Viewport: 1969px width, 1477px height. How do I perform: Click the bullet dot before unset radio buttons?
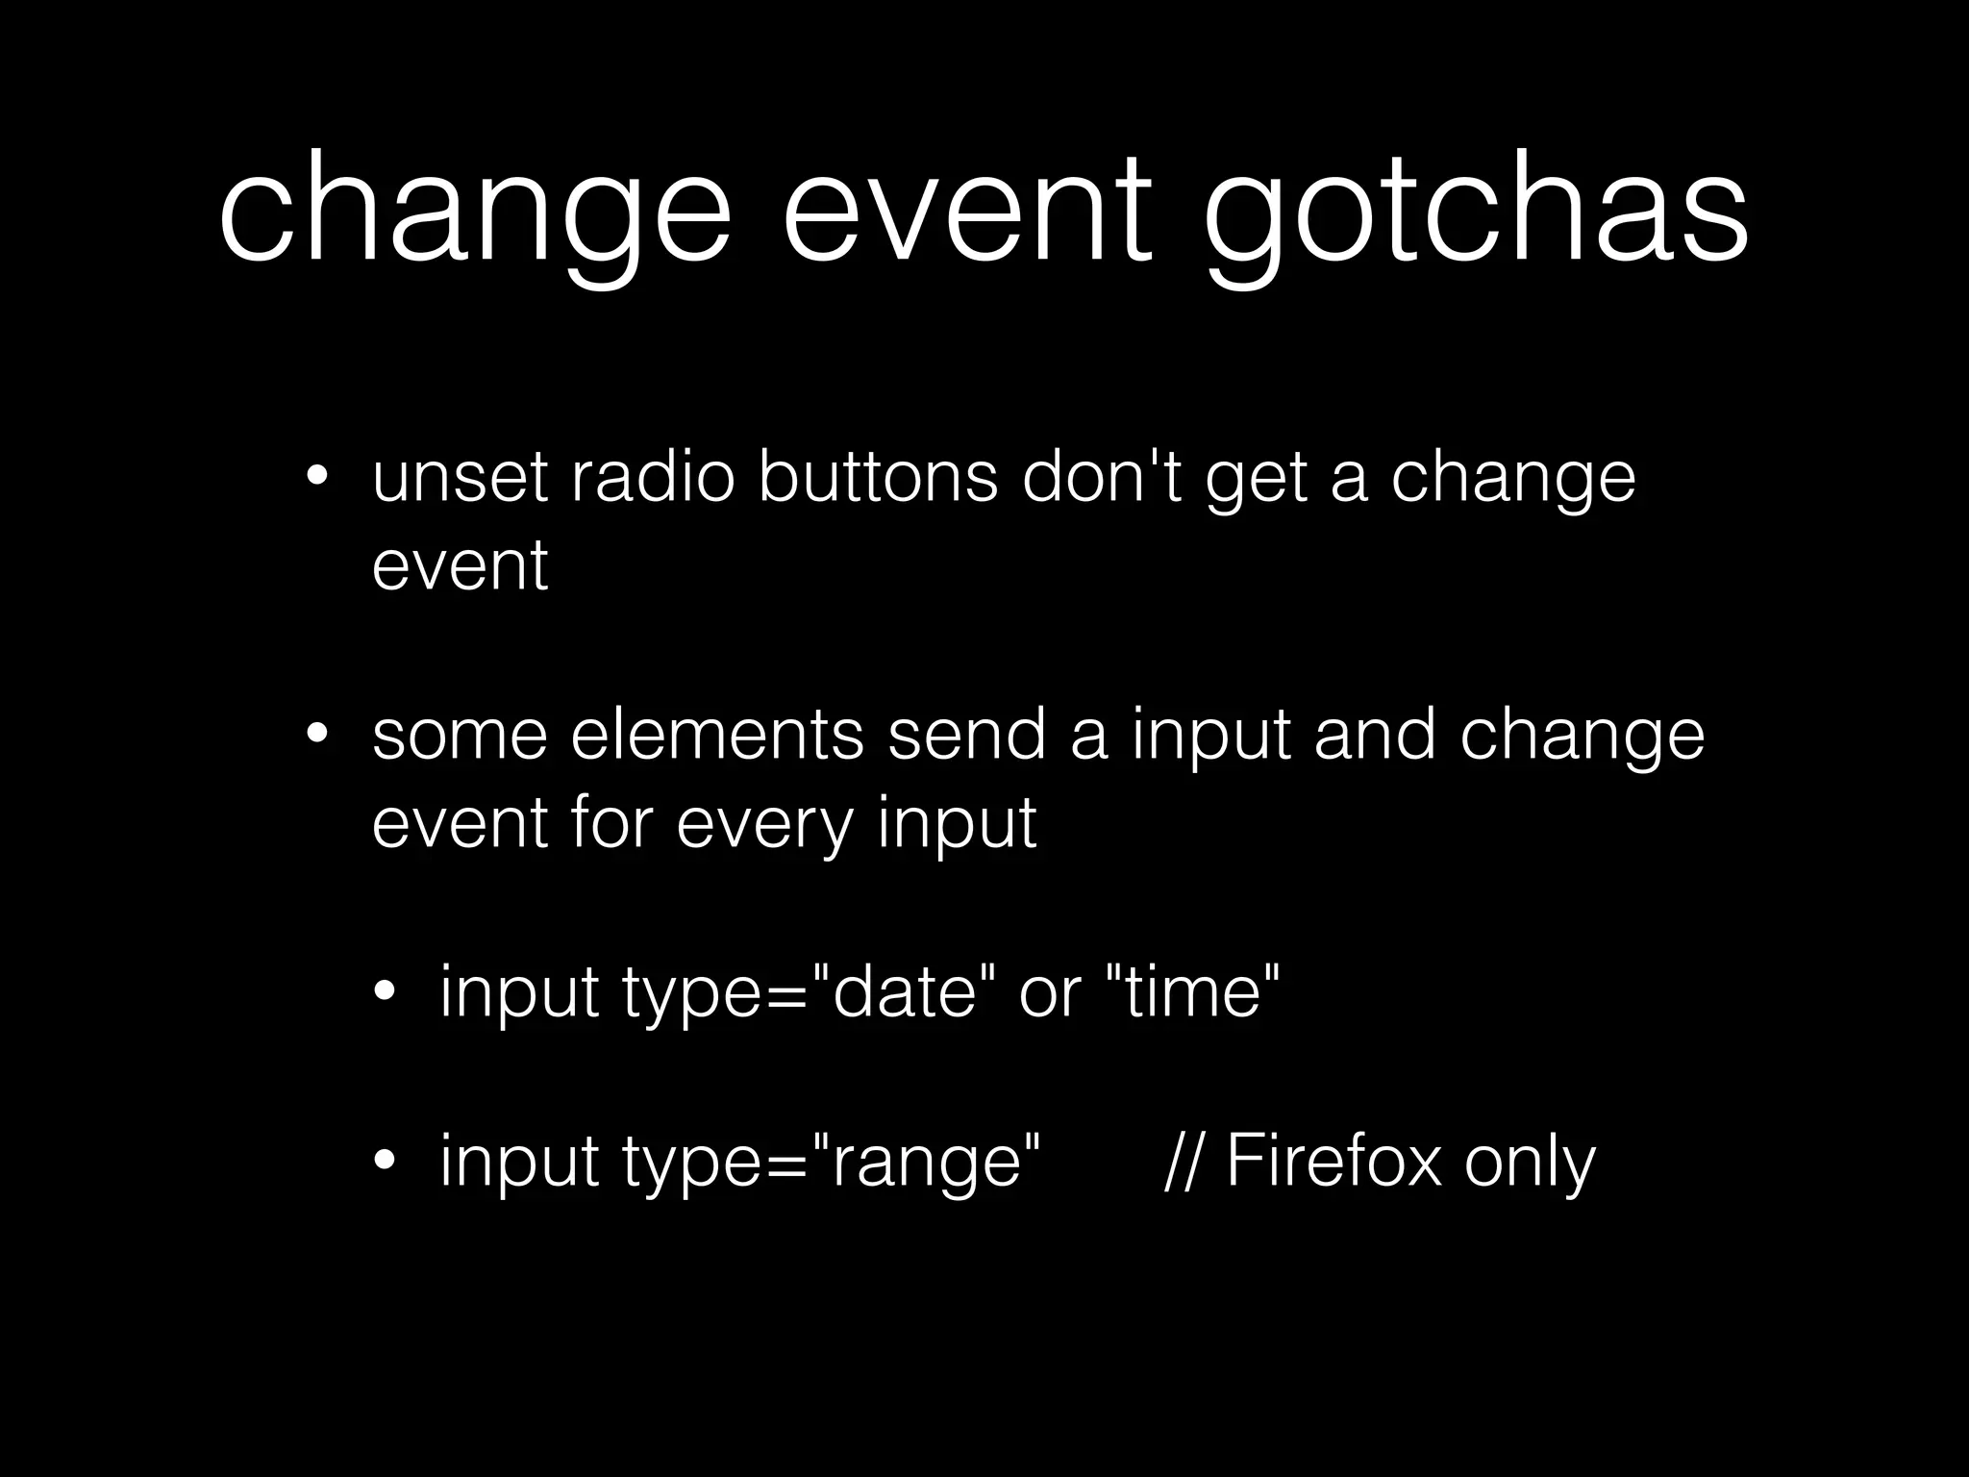[x=317, y=478]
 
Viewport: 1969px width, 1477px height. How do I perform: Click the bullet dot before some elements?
[x=317, y=736]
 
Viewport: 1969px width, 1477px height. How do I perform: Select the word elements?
[x=716, y=736]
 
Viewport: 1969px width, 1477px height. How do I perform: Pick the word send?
[x=966, y=736]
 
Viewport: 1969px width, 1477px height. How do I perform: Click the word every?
[x=764, y=824]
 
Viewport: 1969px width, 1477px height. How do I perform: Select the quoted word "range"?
[x=927, y=1162]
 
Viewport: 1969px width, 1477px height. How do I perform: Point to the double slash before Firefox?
[x=1184, y=1162]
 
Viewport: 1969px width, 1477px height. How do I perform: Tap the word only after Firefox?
[x=1530, y=1162]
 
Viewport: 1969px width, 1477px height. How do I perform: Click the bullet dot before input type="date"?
[x=386, y=991]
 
